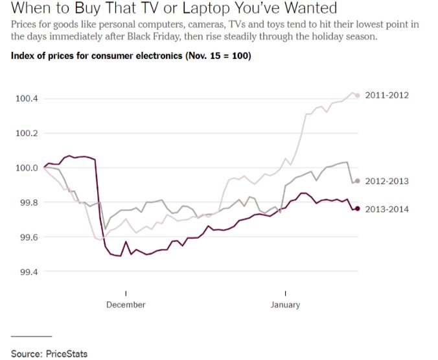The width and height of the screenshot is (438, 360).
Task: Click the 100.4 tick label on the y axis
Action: point(26,99)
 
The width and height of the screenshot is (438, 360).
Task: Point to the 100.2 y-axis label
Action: point(26,134)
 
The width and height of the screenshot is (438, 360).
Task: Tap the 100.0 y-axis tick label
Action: point(26,168)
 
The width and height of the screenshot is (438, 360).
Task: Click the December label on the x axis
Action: point(126,305)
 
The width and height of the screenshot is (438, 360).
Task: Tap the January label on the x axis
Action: point(285,305)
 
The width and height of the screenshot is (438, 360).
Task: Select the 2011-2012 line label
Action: point(387,95)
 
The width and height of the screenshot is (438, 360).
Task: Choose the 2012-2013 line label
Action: point(387,181)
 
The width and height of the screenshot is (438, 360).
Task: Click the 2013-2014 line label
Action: point(387,208)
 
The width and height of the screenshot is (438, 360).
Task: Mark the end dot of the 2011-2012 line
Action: point(357,95)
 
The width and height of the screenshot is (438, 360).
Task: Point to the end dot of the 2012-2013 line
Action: point(357,181)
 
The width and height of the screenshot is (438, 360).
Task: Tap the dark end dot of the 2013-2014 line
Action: point(357,208)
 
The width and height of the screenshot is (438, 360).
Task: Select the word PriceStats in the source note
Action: point(66,354)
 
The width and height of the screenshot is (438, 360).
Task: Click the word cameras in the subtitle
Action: point(214,25)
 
